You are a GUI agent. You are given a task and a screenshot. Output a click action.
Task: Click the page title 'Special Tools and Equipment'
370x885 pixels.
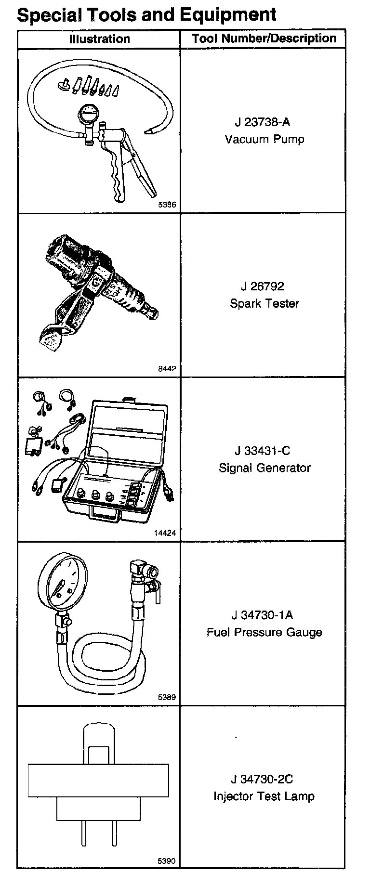(x=146, y=14)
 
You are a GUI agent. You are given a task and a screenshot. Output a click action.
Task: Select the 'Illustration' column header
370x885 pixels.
(x=99, y=39)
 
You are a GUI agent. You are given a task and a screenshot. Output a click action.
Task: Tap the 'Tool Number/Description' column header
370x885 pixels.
(x=264, y=39)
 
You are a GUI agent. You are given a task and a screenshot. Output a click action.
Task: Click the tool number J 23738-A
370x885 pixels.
(x=263, y=122)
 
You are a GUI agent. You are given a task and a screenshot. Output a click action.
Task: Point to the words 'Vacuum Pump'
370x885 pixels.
(x=264, y=139)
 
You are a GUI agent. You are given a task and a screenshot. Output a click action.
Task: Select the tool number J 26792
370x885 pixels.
(x=263, y=286)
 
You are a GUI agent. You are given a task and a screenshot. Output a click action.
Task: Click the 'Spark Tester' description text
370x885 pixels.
(x=264, y=304)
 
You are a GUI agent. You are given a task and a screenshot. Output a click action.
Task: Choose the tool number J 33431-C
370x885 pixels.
(x=263, y=451)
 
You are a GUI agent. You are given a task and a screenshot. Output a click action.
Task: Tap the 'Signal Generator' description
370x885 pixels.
(x=264, y=468)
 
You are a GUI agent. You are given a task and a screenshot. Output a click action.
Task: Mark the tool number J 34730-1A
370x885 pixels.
(x=263, y=615)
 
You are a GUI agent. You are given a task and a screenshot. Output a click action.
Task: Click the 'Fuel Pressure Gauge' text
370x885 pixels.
(x=264, y=632)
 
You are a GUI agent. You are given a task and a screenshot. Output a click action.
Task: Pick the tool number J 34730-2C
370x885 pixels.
(x=263, y=779)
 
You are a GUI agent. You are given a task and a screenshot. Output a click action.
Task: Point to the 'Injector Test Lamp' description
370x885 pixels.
(x=264, y=796)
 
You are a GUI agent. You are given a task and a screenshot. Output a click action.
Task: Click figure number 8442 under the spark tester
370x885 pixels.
(x=167, y=369)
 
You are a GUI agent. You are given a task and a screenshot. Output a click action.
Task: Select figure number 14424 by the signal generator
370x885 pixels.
(x=165, y=533)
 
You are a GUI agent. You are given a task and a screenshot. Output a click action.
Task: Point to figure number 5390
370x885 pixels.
(x=167, y=861)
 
